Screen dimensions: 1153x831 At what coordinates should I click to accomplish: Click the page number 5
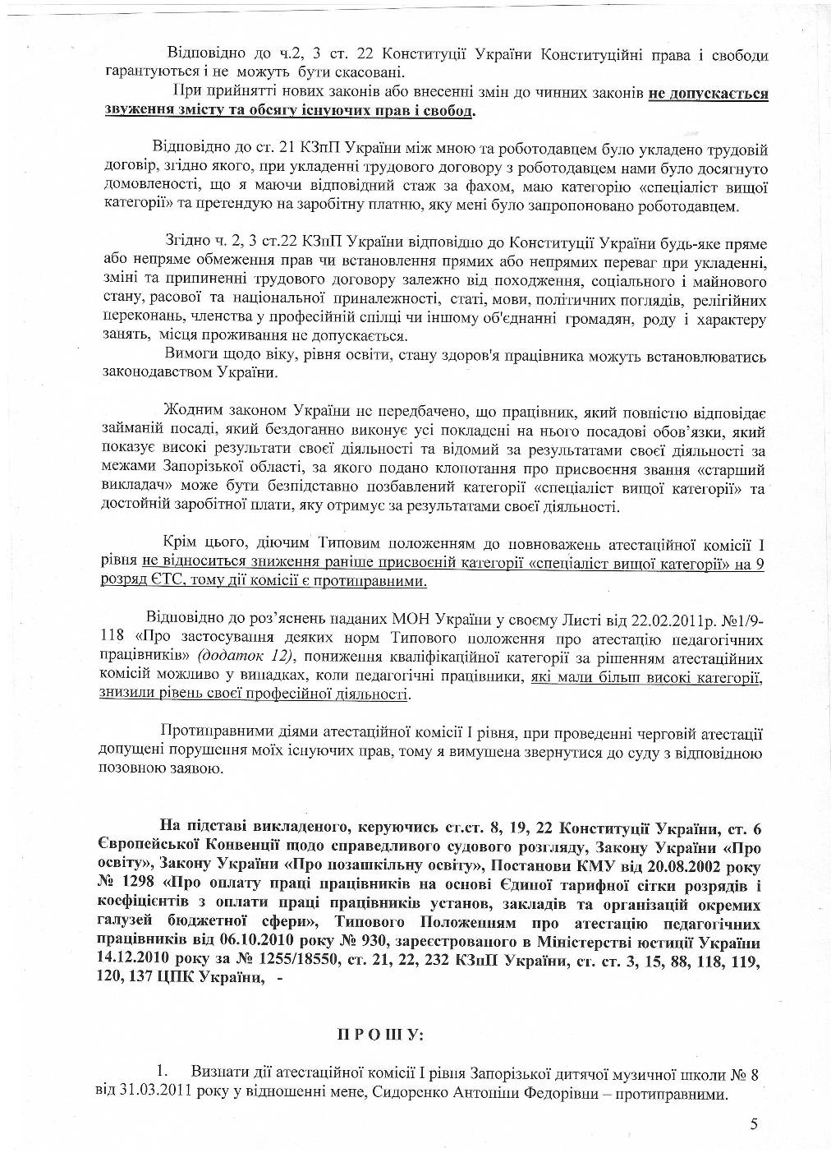coord(754,1125)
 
